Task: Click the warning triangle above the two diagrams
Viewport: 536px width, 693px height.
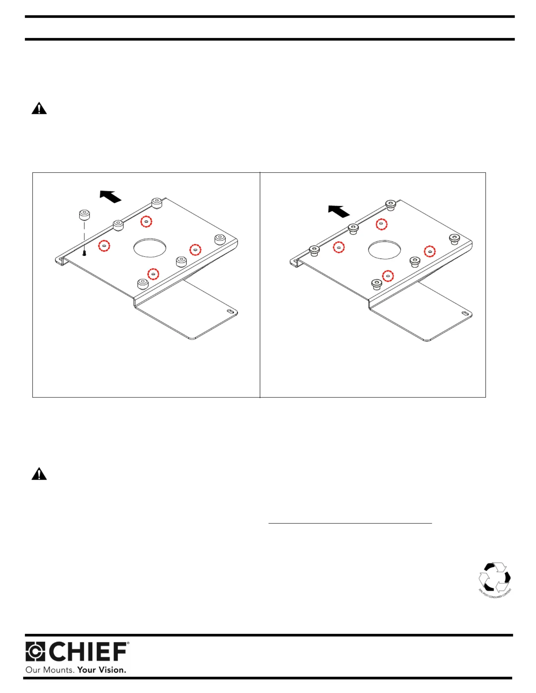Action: click(39, 108)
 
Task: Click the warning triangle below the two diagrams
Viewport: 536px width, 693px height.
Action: click(39, 474)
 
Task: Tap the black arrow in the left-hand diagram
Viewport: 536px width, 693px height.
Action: click(110, 196)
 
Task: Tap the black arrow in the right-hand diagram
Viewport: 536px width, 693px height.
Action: click(339, 211)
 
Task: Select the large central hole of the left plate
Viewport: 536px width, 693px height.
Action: click(150, 247)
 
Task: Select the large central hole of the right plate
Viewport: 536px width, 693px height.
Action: click(384, 250)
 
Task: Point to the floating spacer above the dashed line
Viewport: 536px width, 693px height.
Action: click(84, 215)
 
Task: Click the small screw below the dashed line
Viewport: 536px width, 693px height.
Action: click(84, 253)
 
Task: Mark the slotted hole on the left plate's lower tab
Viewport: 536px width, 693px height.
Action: click(231, 311)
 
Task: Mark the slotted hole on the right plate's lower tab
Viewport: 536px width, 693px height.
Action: click(465, 313)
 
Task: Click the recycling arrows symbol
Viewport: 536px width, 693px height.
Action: click(494, 577)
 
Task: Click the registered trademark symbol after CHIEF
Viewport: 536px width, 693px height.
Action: click(128, 643)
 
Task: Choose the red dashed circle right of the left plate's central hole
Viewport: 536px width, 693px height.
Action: click(195, 250)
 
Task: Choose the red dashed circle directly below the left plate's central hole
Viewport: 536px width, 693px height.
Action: click(153, 274)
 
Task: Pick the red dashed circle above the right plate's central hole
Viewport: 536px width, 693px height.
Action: click(381, 224)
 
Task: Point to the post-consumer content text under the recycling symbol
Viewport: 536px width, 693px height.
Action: click(495, 593)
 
